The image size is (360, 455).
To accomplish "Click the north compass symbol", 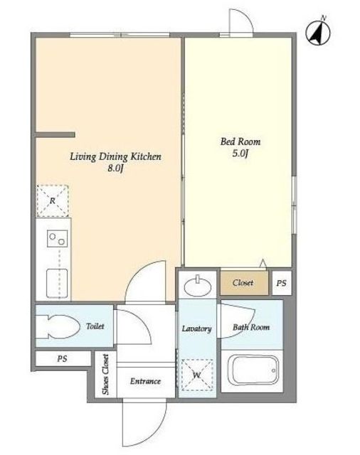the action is (x=319, y=32).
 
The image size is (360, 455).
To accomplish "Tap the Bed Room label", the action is (x=240, y=141).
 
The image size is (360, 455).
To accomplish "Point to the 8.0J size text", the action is (x=116, y=168).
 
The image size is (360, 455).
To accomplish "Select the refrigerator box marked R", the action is (x=53, y=200).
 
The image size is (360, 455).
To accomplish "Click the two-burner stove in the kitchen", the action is (x=57, y=239).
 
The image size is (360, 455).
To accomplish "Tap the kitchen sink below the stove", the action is (x=57, y=283).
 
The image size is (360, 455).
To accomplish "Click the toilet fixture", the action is (x=58, y=327).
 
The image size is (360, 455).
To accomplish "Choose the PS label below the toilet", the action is (x=62, y=359).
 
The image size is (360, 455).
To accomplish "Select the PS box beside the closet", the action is (x=282, y=283).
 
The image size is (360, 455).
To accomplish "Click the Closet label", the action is (x=243, y=283).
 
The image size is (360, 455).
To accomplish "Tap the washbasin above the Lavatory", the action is (x=198, y=285).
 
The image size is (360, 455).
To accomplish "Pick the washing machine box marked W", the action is (x=197, y=375).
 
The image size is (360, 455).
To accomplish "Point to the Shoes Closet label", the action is (x=106, y=375).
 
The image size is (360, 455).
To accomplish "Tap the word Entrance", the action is (x=145, y=381).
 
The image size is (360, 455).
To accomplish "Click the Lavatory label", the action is (x=196, y=328).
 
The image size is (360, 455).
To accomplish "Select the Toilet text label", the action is (x=95, y=326).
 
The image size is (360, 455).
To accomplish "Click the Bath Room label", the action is (x=251, y=327).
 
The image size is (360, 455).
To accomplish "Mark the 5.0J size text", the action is (x=240, y=154).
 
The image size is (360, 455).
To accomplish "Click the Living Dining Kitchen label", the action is (x=115, y=156).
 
